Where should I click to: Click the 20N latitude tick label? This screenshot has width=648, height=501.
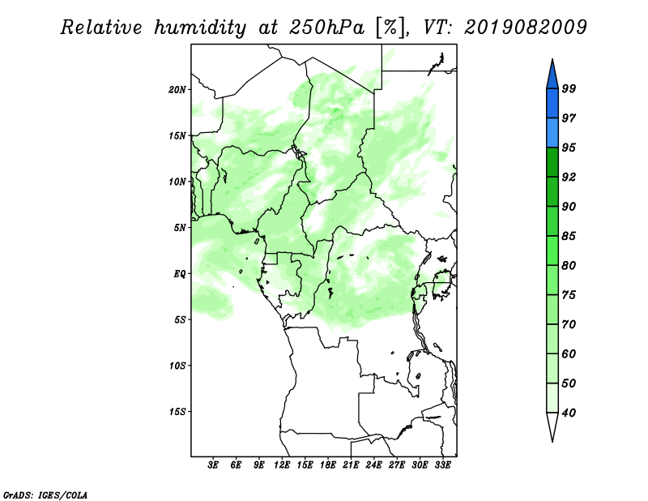pyautogui.click(x=177, y=90)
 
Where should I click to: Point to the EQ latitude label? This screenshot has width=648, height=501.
pyautogui.click(x=180, y=274)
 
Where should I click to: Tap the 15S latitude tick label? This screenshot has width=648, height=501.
pyautogui.click(x=177, y=412)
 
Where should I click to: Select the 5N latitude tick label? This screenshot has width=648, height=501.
pyautogui.click(x=180, y=228)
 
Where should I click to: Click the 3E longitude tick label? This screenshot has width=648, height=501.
pyautogui.click(x=213, y=465)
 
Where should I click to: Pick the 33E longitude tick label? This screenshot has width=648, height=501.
pyautogui.click(x=442, y=465)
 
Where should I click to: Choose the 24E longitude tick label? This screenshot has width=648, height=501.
pyautogui.click(x=373, y=465)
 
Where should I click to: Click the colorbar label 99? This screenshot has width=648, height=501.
pyautogui.click(x=569, y=88)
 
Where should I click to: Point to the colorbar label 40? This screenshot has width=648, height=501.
pyautogui.click(x=569, y=413)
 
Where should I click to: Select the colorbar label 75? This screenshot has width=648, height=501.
pyautogui.click(x=569, y=295)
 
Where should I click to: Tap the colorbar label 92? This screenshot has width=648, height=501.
pyautogui.click(x=569, y=177)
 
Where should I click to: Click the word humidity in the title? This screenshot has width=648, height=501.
pyautogui.click(x=200, y=28)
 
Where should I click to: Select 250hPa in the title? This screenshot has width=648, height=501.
pyautogui.click(x=326, y=28)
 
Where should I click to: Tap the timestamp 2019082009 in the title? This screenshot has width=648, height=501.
pyautogui.click(x=525, y=28)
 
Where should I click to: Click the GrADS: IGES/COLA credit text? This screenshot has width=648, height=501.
pyautogui.click(x=45, y=495)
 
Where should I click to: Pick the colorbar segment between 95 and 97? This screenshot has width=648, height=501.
pyautogui.click(x=552, y=133)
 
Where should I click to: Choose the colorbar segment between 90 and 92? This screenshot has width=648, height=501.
pyautogui.click(x=552, y=191)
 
